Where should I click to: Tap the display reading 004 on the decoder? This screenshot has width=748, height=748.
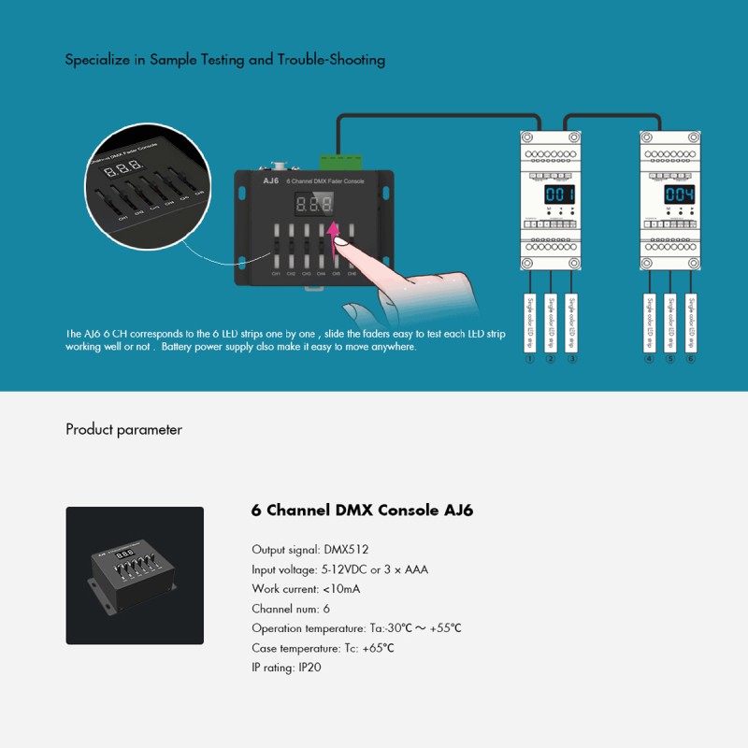[678, 194]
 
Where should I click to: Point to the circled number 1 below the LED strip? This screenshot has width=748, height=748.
[529, 359]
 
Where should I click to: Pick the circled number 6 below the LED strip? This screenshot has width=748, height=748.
[691, 359]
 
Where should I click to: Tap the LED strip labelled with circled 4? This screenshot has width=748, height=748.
[649, 322]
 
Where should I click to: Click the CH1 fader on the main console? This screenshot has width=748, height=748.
[277, 247]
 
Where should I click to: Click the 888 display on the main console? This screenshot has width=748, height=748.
[314, 203]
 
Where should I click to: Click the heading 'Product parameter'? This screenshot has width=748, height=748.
[123, 430]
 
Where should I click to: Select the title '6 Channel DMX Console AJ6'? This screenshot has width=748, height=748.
[362, 511]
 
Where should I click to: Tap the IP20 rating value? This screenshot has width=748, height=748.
[309, 668]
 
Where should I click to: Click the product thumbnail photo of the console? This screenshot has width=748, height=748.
[135, 575]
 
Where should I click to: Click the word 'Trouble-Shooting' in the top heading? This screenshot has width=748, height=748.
[331, 60]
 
